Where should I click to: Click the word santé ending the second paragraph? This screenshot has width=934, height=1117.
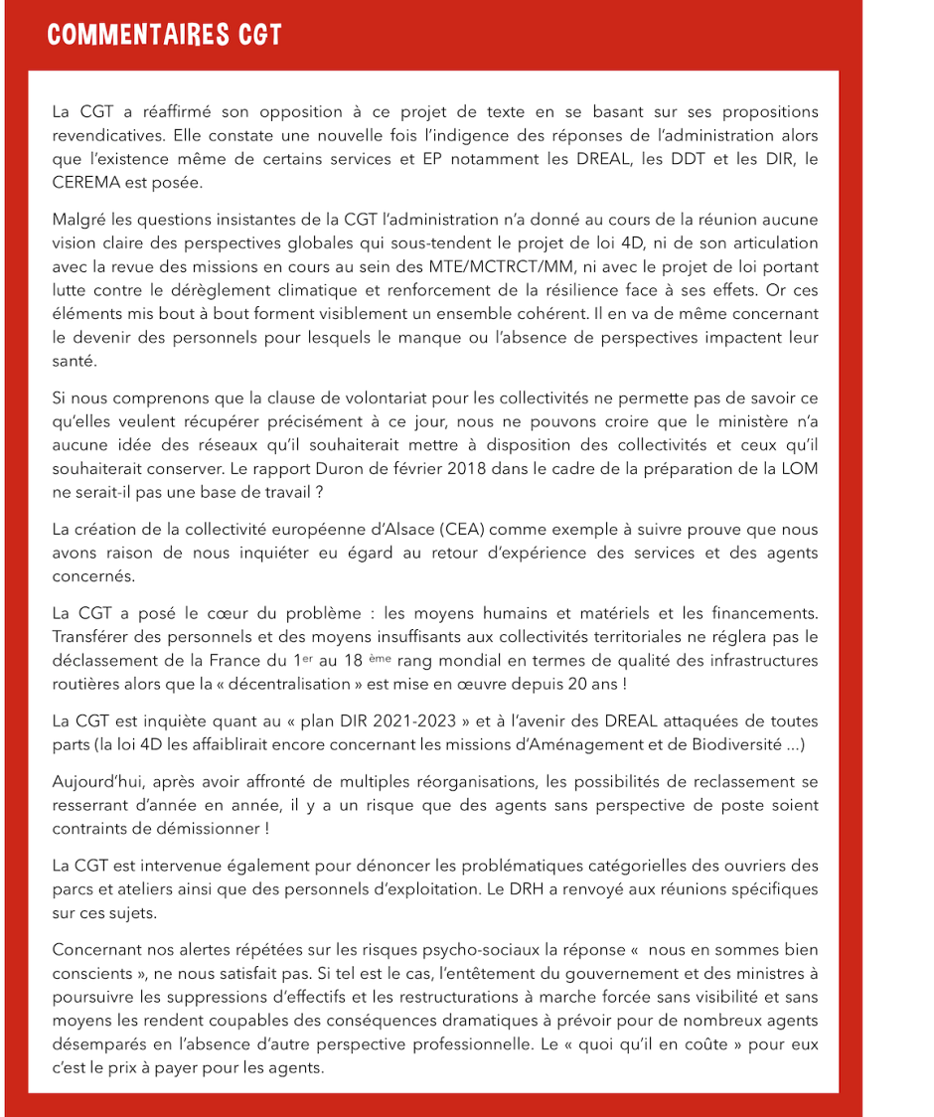point(75,362)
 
